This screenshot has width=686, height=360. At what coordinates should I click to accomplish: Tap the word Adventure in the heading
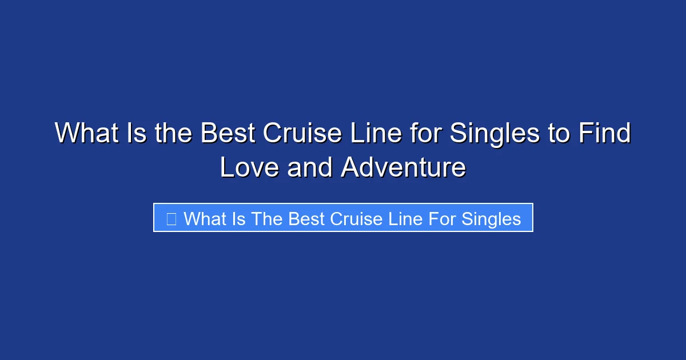[x=404, y=167]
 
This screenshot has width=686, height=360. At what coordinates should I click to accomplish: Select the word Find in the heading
[x=604, y=134]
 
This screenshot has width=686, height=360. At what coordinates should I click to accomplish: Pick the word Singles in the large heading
[x=495, y=134]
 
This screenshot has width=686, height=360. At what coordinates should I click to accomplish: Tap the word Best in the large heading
[x=228, y=134]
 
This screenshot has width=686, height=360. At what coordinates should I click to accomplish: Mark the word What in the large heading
[x=86, y=134]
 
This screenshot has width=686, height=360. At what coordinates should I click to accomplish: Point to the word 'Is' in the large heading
[x=137, y=134]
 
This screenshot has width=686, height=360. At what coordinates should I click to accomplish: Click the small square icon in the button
[x=171, y=218]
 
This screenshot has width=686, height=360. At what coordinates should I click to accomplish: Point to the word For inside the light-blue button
[x=440, y=218]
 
